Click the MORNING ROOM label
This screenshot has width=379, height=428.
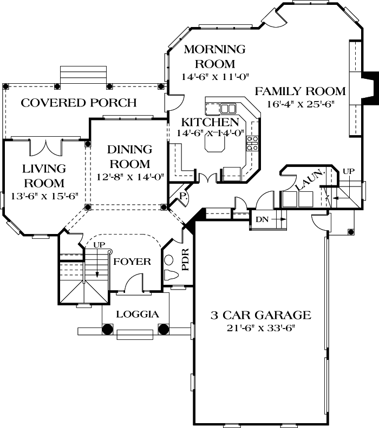(x=214, y=56)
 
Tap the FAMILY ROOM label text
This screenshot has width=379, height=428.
(x=300, y=91)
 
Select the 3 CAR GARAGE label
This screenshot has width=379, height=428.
(x=260, y=315)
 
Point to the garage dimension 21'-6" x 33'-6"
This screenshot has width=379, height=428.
(x=260, y=328)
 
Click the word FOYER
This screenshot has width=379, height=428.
(x=132, y=262)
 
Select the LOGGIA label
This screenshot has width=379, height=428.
(x=138, y=314)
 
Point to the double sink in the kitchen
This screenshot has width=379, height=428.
(x=227, y=108)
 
